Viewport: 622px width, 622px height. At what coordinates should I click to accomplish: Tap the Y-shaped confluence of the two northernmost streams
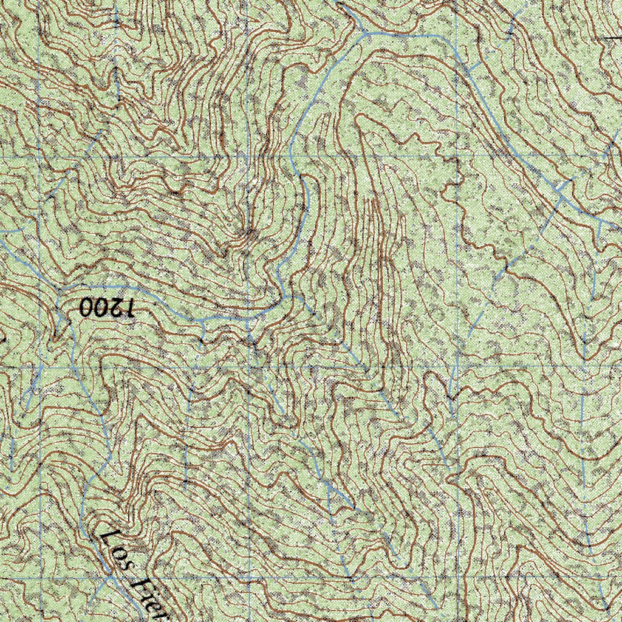(364, 33)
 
